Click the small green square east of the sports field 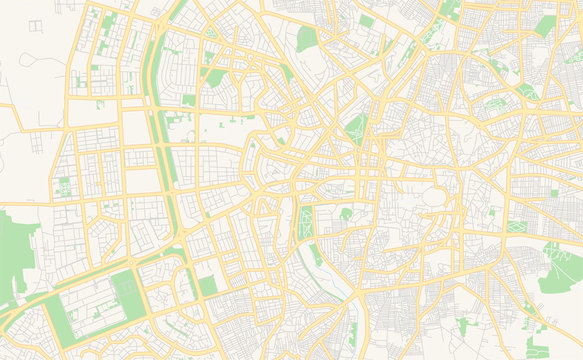[207, 286]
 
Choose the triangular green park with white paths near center [356, 128]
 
